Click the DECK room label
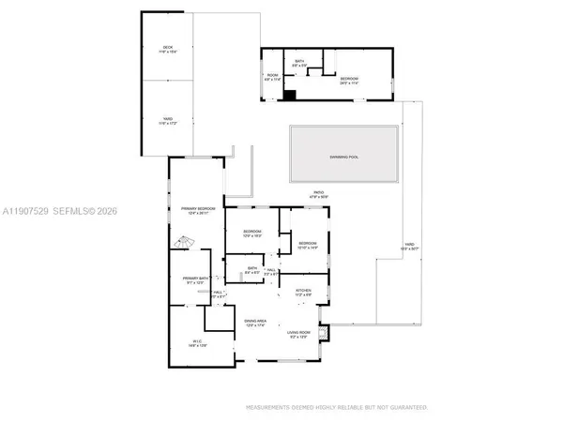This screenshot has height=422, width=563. [168, 47]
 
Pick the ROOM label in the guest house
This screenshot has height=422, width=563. [273, 76]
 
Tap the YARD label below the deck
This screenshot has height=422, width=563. [168, 119]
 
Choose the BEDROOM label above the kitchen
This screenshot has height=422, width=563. [308, 244]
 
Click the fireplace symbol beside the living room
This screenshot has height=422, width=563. [325, 332]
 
